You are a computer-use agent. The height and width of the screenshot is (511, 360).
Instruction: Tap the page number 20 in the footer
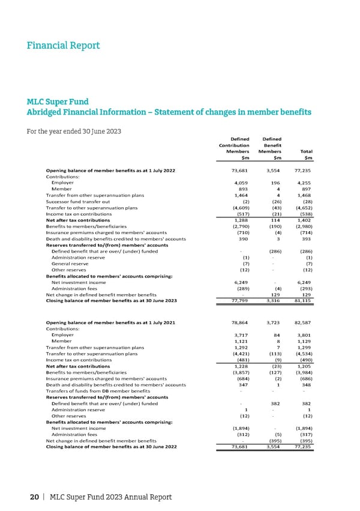(35, 497)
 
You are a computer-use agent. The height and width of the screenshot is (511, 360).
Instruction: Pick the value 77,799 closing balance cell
(232, 301)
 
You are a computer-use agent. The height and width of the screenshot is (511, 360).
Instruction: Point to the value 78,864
(232, 323)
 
